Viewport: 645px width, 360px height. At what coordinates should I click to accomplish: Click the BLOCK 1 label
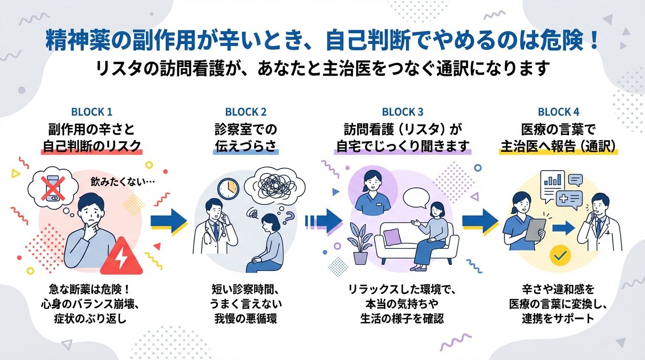coord(91,112)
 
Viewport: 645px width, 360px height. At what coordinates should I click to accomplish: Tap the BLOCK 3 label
coord(402,112)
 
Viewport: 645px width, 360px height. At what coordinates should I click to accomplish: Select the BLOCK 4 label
coord(558,112)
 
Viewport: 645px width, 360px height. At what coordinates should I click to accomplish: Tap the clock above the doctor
coord(228,188)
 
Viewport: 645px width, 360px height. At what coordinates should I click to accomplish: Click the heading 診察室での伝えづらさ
coord(246,137)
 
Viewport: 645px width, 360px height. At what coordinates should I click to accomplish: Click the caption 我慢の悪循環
coord(246,319)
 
